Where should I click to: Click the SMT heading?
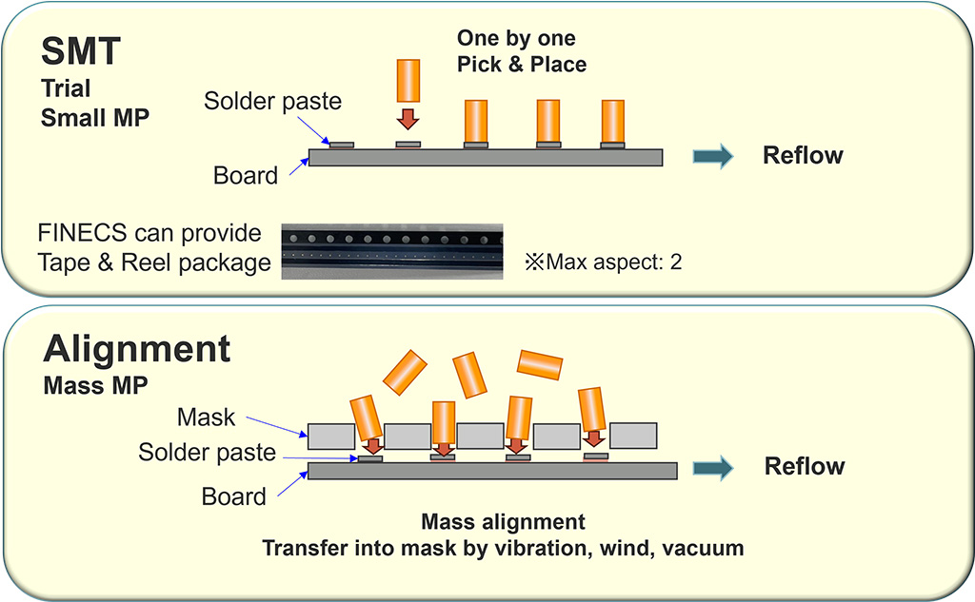(80, 51)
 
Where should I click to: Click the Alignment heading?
(137, 349)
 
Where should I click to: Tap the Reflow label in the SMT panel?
(804, 155)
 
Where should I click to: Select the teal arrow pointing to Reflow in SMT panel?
(712, 156)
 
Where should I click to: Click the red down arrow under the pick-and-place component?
(408, 119)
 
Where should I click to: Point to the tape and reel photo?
(392, 250)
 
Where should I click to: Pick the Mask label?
(206, 417)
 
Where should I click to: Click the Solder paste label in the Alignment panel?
(207, 452)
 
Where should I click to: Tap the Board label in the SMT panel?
(246, 175)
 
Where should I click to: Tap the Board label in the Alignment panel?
(234, 496)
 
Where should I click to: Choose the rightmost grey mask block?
(631, 436)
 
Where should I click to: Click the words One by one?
(516, 39)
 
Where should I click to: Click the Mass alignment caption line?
(503, 522)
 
